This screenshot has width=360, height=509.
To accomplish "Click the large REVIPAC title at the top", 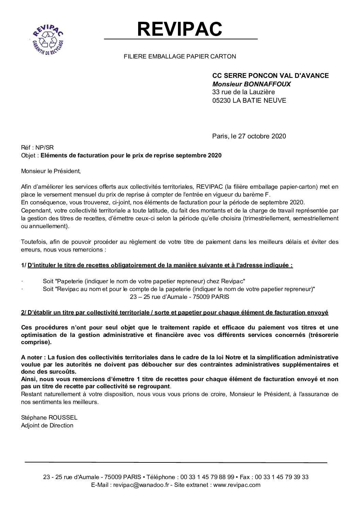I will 180,29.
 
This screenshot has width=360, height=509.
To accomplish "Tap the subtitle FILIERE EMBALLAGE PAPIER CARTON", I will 180,56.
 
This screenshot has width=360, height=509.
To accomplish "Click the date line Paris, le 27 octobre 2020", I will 249,136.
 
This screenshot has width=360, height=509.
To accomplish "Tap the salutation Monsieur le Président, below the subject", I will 51,171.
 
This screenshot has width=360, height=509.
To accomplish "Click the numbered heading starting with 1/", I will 157,265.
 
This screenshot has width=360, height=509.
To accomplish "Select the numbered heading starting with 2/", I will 175,312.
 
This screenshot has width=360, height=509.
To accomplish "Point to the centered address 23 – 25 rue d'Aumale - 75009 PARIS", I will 180,297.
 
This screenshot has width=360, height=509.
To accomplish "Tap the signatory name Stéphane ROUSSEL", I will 49,418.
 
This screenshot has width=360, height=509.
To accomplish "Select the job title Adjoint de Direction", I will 47,425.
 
